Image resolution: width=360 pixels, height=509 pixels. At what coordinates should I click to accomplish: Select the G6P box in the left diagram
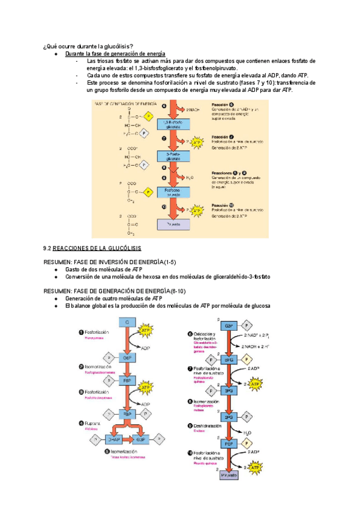pyautogui.click(x=127, y=357)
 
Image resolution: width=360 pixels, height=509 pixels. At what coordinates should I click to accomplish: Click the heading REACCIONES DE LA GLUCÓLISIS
pyautogui.click(x=96, y=248)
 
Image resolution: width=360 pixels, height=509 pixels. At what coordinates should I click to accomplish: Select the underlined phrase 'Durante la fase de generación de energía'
pyautogui.click(x=115, y=54)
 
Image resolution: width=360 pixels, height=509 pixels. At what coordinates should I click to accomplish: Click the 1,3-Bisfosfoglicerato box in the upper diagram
pyautogui.click(x=173, y=124)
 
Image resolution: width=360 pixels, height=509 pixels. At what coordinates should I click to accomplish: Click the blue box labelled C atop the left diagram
pyautogui.click(x=127, y=322)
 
